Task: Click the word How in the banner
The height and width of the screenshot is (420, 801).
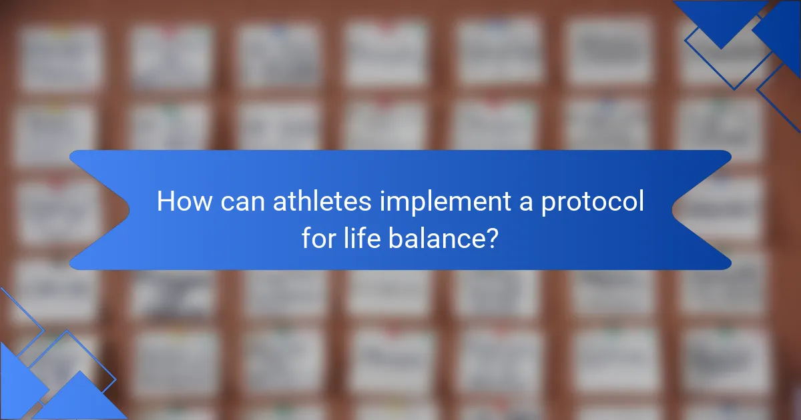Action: [184, 201]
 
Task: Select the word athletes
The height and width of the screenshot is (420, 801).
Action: [322, 201]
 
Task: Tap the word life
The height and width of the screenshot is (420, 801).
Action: [362, 238]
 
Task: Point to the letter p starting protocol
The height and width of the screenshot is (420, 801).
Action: [548, 206]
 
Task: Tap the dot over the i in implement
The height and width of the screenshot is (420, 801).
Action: [382, 192]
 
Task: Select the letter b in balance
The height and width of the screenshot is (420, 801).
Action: [396, 238]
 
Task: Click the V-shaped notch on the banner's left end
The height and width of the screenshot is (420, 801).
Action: [129, 211]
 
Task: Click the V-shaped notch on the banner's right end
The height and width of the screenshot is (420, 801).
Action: [672, 211]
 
